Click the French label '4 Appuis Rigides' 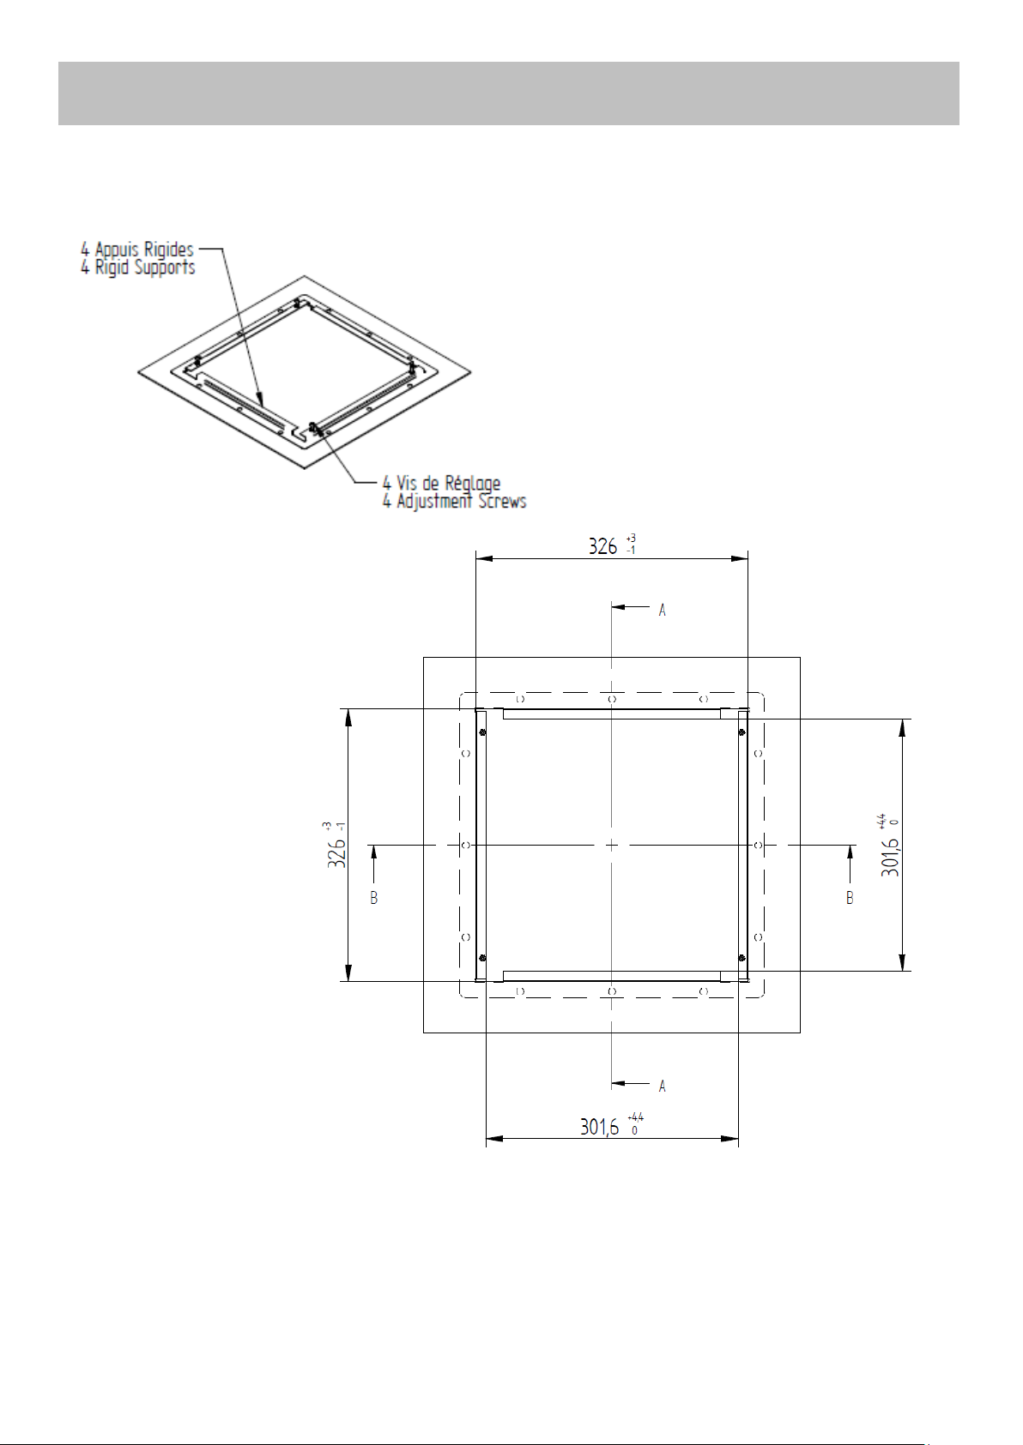(x=136, y=250)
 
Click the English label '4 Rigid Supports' (x=137, y=268)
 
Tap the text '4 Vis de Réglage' (x=441, y=483)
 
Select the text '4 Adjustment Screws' (x=454, y=501)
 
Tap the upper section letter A (x=663, y=611)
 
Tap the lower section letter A (x=663, y=1087)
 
